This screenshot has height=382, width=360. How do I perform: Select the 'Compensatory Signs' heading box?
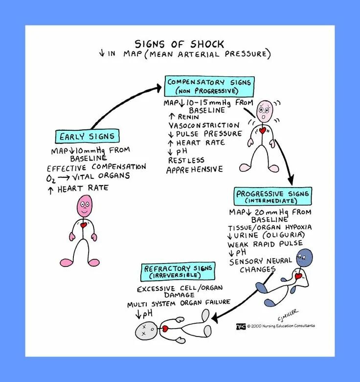(209, 86)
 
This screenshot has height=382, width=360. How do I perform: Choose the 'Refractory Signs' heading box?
(178, 271)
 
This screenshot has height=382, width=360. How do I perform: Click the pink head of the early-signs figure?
(84, 206)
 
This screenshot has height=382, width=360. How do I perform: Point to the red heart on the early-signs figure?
(84, 226)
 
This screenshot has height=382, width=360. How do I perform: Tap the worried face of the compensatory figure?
(265, 112)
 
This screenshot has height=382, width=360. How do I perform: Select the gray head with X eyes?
(147, 331)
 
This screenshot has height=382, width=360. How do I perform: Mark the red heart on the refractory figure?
(165, 328)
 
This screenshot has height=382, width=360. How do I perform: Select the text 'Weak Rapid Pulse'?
(265, 243)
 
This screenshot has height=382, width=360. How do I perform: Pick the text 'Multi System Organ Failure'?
(179, 303)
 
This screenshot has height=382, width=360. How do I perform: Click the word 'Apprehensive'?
(194, 169)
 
